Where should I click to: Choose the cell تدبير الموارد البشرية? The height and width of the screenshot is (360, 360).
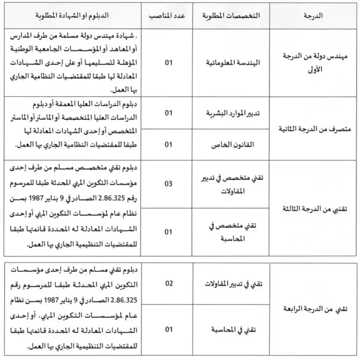(231, 113)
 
